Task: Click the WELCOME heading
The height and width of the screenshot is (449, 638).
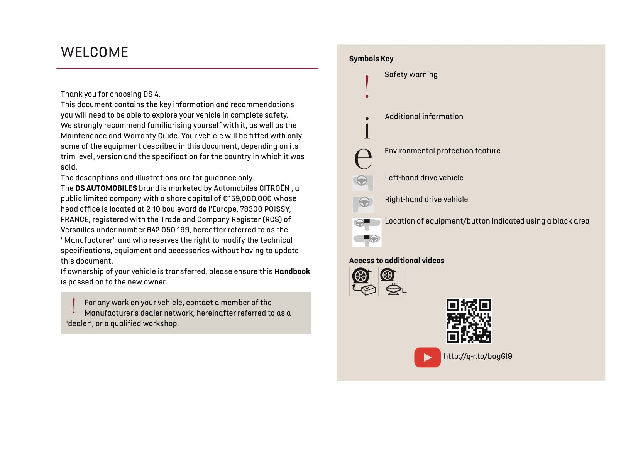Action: (x=94, y=52)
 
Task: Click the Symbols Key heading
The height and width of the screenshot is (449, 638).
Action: (x=371, y=59)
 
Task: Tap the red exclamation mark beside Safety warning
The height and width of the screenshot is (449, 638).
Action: (x=367, y=86)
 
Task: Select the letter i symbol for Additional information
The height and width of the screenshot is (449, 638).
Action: (x=367, y=128)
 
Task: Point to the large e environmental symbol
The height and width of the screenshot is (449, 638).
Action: (x=363, y=158)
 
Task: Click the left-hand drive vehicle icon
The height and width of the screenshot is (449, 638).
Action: (x=363, y=183)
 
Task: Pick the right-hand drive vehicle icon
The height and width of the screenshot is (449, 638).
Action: (x=363, y=204)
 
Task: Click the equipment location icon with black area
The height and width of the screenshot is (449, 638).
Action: (x=367, y=232)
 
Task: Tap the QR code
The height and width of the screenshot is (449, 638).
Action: (x=469, y=321)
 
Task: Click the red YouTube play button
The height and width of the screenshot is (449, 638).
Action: (x=427, y=357)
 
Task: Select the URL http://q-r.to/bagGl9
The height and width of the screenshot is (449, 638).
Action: (x=478, y=357)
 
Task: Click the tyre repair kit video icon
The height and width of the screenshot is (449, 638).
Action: (x=364, y=282)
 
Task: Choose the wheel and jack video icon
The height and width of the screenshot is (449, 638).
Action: (x=393, y=282)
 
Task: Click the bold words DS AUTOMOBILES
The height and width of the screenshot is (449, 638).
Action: (x=106, y=188)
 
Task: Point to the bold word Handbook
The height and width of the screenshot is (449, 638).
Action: (x=292, y=272)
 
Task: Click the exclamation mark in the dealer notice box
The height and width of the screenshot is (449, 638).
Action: (x=74, y=306)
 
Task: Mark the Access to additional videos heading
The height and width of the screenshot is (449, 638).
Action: (x=396, y=261)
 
